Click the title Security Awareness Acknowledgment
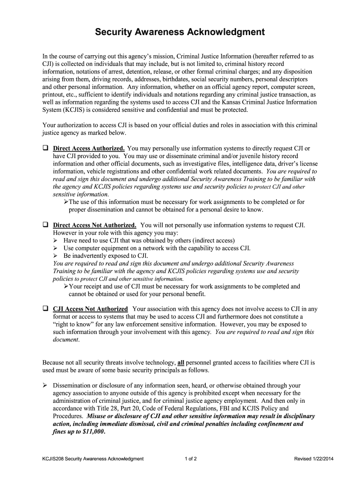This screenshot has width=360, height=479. (180, 32)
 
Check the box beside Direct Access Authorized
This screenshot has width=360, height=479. (45, 148)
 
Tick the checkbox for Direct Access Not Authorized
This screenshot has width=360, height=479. (45, 225)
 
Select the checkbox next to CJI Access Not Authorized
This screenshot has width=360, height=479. (45, 309)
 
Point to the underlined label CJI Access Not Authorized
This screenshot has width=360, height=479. (90, 309)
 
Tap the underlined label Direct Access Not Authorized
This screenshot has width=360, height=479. (95, 225)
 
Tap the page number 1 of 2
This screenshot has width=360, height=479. (191, 459)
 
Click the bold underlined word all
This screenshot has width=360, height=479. (180, 363)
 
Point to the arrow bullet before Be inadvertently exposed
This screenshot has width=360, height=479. (56, 256)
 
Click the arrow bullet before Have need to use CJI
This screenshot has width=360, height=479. (56, 240)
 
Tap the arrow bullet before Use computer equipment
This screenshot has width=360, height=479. (56, 248)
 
